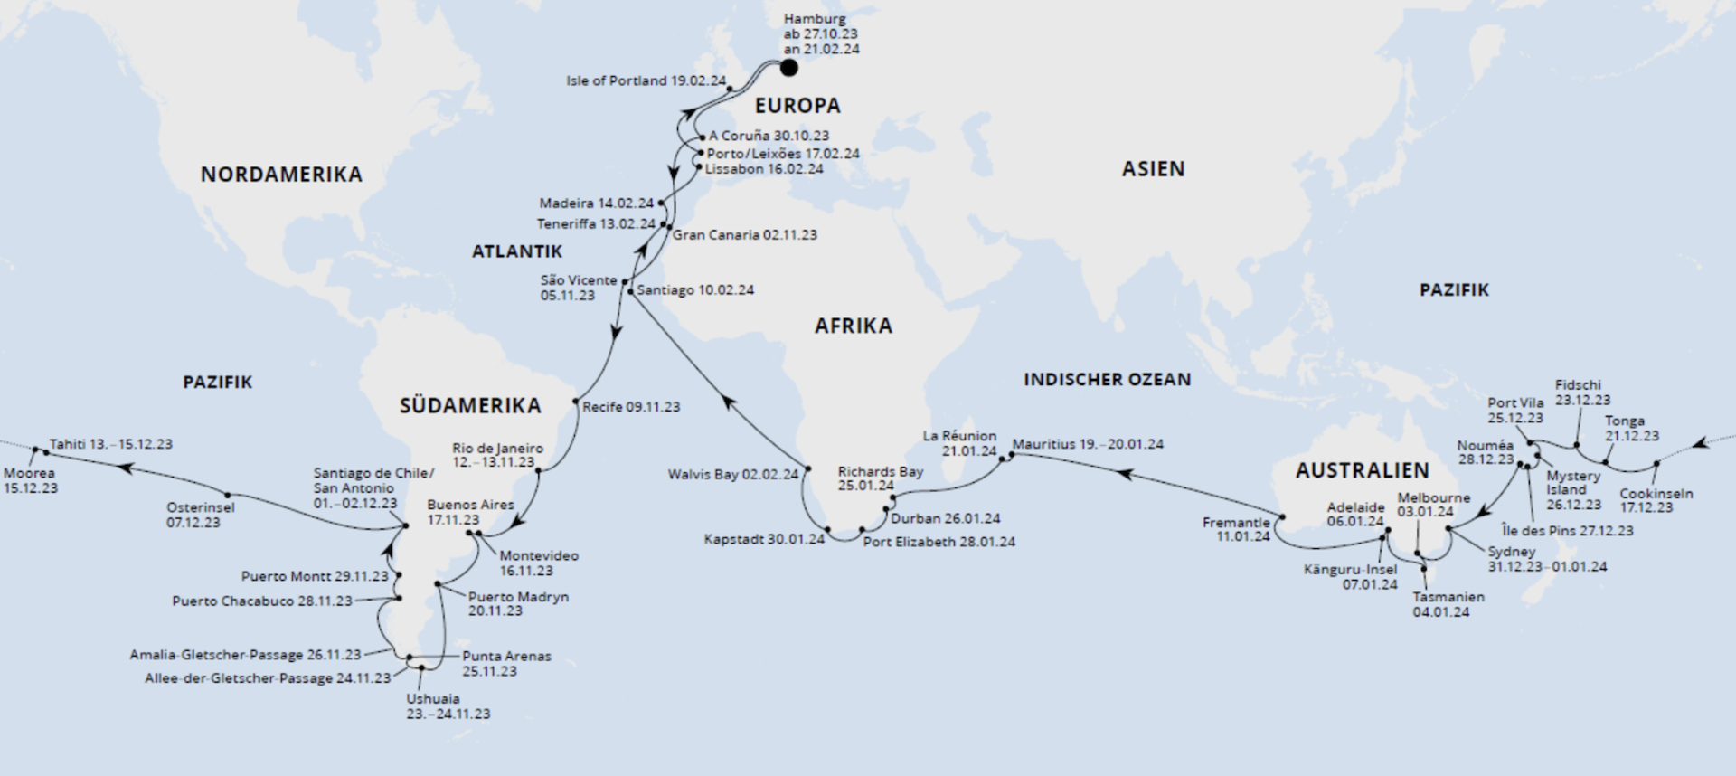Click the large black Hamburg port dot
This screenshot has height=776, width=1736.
click(x=788, y=67)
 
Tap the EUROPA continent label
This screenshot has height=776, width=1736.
click(x=797, y=106)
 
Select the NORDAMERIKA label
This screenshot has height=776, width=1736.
click(x=281, y=175)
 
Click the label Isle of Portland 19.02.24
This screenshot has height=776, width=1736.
click(x=646, y=80)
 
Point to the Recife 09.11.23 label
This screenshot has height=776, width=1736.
click(x=631, y=407)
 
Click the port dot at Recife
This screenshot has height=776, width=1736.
click(x=575, y=401)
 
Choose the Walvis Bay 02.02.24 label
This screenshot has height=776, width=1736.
click(x=733, y=474)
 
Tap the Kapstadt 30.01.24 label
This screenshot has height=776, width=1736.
click(x=764, y=539)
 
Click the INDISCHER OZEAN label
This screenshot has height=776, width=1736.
click(x=1107, y=380)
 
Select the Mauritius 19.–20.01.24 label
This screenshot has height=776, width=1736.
click(x=1088, y=444)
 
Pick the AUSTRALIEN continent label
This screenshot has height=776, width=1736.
click(x=1362, y=470)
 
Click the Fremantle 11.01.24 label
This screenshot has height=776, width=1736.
click(x=1236, y=529)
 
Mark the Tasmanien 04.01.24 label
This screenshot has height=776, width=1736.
click(x=1448, y=604)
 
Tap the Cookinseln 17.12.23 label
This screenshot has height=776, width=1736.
click(x=1656, y=500)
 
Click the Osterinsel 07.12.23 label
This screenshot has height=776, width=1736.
click(x=200, y=515)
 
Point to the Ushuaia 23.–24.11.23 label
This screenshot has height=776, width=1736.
click(x=448, y=705)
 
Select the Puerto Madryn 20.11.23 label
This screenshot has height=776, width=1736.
click(x=517, y=603)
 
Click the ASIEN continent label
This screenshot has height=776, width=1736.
click(x=1153, y=169)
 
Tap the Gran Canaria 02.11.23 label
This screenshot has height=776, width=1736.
click(x=744, y=235)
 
